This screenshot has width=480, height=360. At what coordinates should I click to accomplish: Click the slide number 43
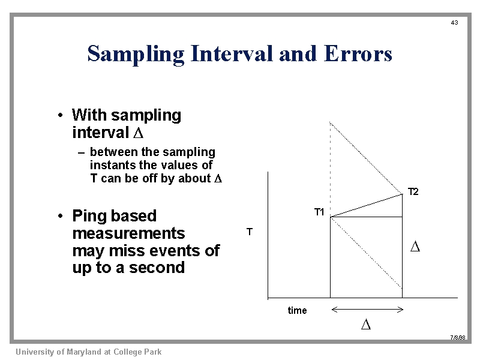[x=454, y=23]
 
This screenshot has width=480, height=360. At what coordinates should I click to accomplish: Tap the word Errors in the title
[x=358, y=54]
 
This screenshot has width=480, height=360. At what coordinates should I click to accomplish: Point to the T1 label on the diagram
[x=319, y=212]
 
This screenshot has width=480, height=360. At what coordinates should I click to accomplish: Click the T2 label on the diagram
[x=413, y=192]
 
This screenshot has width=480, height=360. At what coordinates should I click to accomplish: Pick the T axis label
[x=250, y=232]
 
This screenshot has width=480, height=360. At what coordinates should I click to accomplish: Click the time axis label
[x=297, y=310]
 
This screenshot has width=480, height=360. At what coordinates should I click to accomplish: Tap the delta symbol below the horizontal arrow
[x=366, y=325]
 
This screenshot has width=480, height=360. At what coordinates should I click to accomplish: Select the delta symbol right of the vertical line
[x=415, y=247]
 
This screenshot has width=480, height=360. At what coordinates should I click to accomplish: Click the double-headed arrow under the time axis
[x=367, y=310]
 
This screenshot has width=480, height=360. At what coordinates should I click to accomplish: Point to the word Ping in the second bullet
[x=89, y=216]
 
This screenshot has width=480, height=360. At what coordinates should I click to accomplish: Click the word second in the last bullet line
[x=158, y=268]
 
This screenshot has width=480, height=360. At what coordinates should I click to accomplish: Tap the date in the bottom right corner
[x=458, y=338]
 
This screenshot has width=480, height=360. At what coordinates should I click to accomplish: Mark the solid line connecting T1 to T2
[x=366, y=205]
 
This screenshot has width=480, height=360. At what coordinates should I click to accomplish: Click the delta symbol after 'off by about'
[x=218, y=179]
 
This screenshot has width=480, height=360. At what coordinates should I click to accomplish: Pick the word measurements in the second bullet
[x=128, y=233]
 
